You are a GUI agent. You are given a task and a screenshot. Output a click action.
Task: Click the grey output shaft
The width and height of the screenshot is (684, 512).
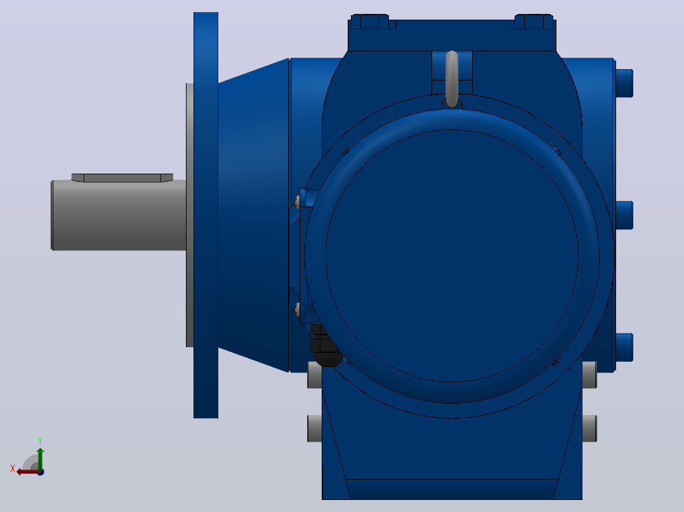pos(119,215)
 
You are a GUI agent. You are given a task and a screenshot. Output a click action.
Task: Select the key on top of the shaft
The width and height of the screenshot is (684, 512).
pos(122,178)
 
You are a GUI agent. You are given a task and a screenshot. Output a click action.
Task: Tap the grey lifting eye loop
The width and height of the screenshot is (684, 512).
pos(452,79)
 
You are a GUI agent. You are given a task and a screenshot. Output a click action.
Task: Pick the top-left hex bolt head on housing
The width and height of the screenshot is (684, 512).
pos(369,22)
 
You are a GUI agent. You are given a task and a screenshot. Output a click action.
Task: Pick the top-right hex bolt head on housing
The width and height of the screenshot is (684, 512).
pos(534,22)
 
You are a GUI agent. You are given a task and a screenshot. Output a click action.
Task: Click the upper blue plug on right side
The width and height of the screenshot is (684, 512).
pos(624,83)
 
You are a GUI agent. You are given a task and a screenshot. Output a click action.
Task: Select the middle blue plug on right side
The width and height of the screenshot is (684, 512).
pos(624,215)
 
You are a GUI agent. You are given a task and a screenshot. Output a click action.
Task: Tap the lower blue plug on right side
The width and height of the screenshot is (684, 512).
pos(624,347)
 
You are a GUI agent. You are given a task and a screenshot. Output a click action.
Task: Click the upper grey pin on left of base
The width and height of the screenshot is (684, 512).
pos(315,374)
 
